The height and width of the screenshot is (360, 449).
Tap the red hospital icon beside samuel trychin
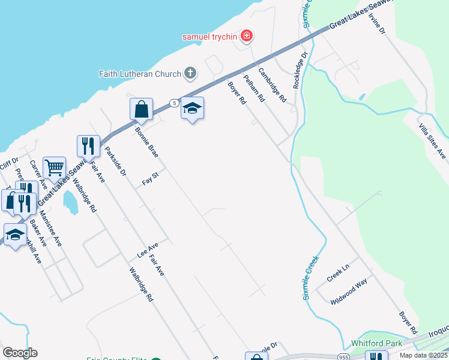click(x=246, y=37)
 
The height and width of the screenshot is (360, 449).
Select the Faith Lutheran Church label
click(x=140, y=74)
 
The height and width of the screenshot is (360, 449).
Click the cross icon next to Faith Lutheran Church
click(x=190, y=74)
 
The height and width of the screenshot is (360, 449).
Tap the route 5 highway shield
click(x=173, y=103)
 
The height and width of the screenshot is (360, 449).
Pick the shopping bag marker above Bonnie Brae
click(x=142, y=110)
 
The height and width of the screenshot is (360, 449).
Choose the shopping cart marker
click(x=54, y=167)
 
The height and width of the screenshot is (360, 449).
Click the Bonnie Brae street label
click(x=146, y=142)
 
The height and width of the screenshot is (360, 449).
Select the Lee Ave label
click(x=147, y=250)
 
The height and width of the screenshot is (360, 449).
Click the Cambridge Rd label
click(x=273, y=85)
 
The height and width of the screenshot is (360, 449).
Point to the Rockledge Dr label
click(x=300, y=70)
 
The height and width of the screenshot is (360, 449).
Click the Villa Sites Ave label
click(x=432, y=142)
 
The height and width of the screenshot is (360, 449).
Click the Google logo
click(x=20, y=353)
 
